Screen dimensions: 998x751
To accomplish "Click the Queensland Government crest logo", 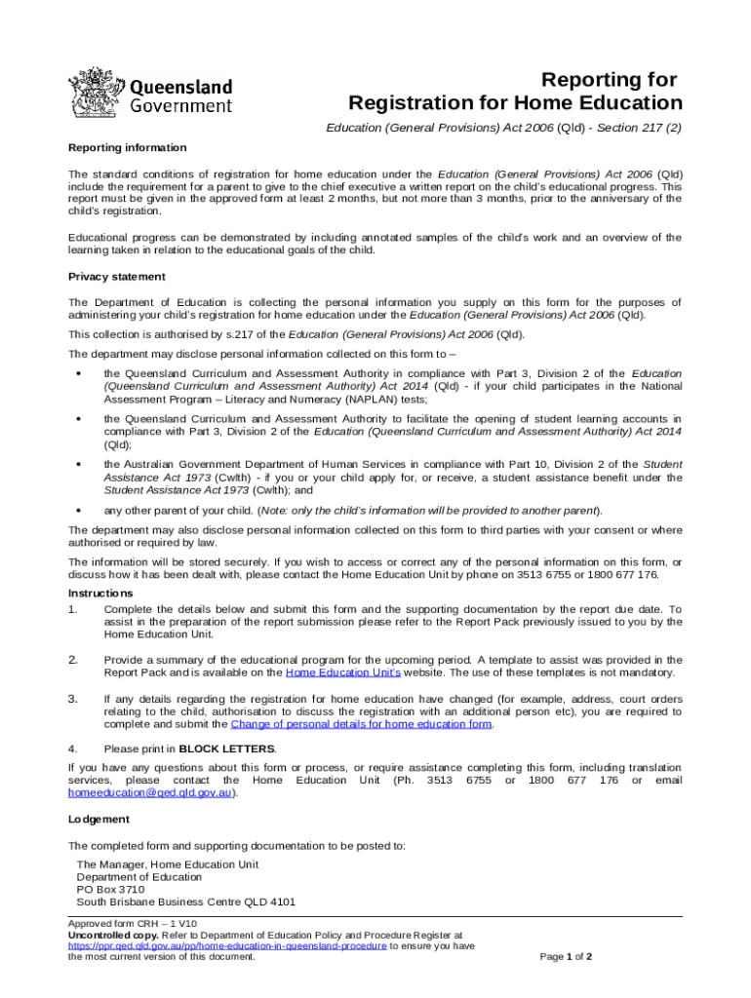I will pos(96,93).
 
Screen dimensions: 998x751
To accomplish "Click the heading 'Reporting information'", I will pos(127,147).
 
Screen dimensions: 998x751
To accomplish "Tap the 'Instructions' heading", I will pos(100,593).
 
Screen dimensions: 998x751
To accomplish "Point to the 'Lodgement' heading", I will pos(99,819).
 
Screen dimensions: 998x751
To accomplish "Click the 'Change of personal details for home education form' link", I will pos(361,723).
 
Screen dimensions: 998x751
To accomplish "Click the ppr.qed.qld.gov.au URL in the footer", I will pos(227,945).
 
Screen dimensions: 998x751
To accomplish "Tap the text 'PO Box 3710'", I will pos(110,889).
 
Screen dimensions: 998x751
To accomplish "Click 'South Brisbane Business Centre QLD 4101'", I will pos(185,902).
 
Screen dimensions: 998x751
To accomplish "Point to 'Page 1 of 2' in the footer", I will pos(566,957).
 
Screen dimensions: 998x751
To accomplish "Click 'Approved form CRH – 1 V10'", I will pos(132,922).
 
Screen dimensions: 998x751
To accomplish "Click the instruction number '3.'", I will pos(72,698).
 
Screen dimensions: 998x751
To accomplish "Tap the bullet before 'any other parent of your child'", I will pos(76,510).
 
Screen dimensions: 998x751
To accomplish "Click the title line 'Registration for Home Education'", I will pos(516,103).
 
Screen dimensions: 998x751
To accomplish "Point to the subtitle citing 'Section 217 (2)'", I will pos(503,129).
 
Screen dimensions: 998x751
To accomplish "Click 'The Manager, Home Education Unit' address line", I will pos(167,864).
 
